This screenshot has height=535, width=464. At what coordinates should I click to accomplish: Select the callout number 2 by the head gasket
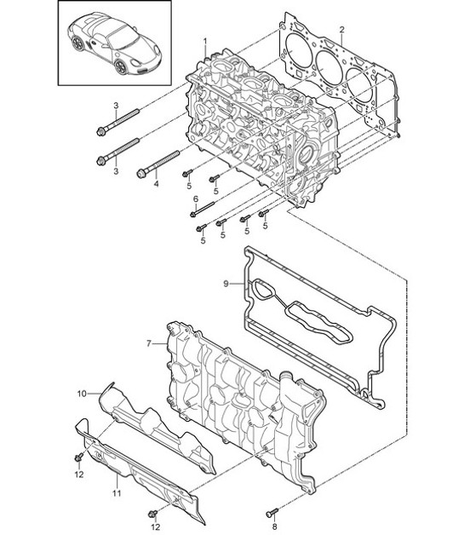341,31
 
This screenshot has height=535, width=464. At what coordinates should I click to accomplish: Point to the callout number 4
156,183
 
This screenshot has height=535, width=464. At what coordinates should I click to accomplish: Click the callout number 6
195,199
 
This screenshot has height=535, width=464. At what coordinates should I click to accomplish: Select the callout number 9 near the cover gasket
226,283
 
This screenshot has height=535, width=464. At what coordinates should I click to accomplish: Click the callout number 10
83,394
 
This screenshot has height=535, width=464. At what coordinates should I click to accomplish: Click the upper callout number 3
114,105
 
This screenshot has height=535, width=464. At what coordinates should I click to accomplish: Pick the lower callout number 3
115,173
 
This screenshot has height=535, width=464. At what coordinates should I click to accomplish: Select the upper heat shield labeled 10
158,426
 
